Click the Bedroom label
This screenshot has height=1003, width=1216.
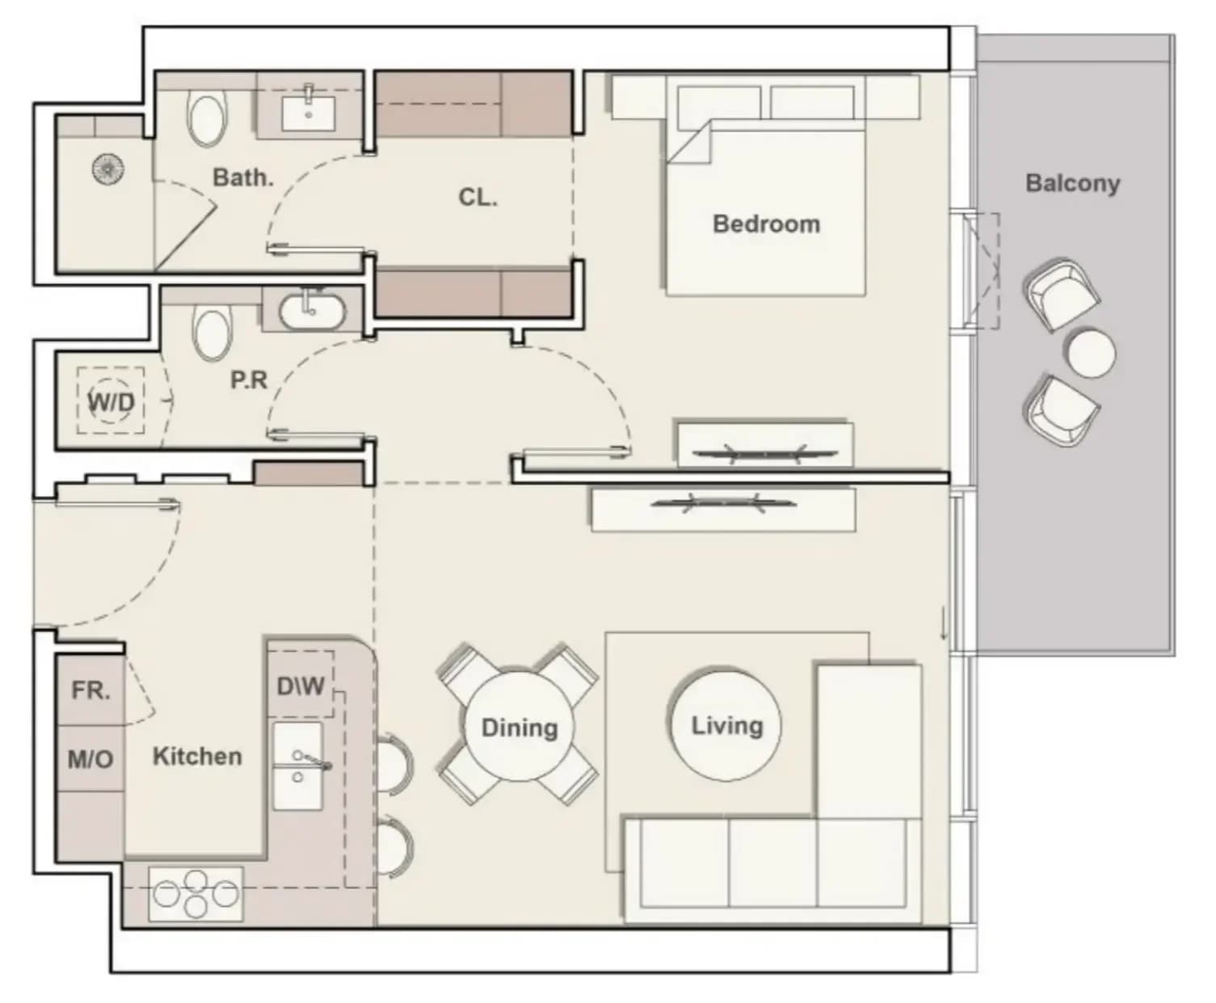[x=766, y=225]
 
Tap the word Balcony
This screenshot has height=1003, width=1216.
[x=1072, y=183]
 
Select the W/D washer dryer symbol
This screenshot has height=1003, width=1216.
[x=111, y=401]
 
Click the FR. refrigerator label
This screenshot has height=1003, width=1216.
[x=90, y=690]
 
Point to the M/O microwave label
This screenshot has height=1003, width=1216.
[x=90, y=759]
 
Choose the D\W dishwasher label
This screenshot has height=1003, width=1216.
[x=301, y=686]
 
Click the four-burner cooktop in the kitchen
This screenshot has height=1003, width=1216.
[x=196, y=894]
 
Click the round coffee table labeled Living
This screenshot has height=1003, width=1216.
[x=726, y=725]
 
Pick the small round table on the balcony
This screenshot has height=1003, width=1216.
[x=1092, y=354]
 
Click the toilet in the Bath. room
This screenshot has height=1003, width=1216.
[x=205, y=121]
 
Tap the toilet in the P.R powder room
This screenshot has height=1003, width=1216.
[x=212, y=334]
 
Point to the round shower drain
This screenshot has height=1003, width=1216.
[x=108, y=170]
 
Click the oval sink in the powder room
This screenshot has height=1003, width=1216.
[x=312, y=313]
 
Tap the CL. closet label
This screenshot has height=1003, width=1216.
[x=478, y=197]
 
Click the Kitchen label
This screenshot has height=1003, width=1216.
[x=197, y=756]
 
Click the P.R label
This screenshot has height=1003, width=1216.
[x=249, y=380]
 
